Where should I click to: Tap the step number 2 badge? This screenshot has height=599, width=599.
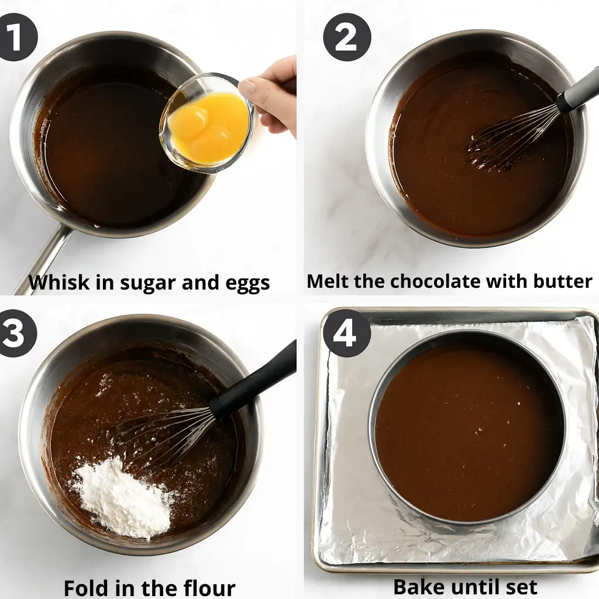click(347, 37)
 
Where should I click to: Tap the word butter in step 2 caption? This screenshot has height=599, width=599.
click(562, 281)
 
